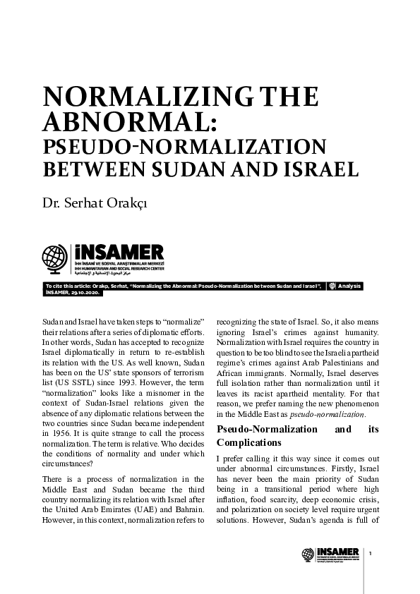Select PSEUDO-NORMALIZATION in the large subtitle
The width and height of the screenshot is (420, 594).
[x=184, y=148]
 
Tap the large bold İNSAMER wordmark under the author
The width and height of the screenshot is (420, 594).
[x=118, y=252]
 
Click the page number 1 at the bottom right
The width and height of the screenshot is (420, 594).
[x=380, y=552]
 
